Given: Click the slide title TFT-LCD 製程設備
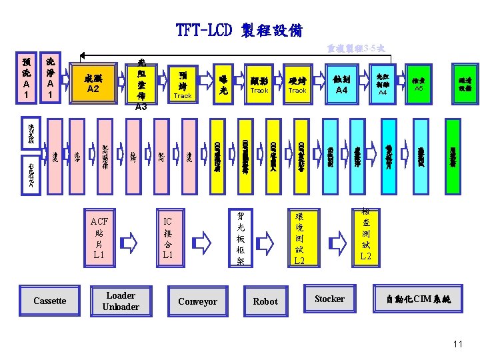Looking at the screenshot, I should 239,31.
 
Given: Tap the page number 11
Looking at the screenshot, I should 457,344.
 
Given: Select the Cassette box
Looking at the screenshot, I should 50,301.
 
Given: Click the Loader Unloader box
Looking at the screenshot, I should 121,301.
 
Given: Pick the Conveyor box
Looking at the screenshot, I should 197,301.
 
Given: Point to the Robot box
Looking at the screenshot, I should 265,301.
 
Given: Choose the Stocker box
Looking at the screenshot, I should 329,299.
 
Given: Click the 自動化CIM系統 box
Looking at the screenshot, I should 419,300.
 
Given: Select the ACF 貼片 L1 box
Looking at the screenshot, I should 99,237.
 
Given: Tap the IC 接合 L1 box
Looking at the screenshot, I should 167,237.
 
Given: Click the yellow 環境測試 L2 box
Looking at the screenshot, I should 299,237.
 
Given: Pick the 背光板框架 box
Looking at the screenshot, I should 241,237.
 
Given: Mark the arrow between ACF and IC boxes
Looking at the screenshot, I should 133,239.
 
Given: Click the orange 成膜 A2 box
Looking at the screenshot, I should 93,83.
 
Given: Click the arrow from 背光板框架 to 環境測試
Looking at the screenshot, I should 270,238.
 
